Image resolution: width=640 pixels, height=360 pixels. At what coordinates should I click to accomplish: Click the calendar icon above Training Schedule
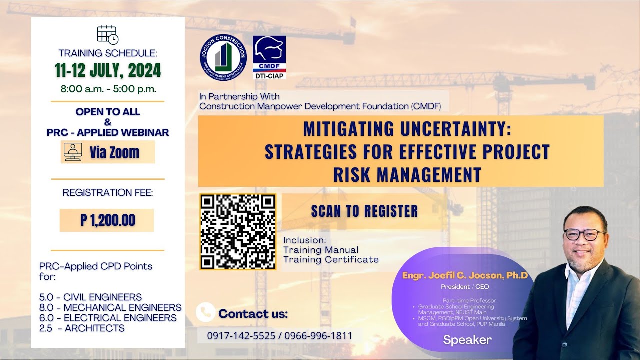point(107,35)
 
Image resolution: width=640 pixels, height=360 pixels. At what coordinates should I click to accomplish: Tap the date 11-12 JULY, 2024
point(108,71)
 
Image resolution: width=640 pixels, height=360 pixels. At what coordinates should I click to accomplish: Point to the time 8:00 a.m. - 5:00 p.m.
point(108,90)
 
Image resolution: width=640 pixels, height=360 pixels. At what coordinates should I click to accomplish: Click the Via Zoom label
point(114,152)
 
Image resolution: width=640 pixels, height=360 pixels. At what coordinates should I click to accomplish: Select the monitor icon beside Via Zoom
point(72,152)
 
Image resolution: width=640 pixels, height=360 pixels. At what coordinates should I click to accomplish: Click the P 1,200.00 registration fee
point(107,220)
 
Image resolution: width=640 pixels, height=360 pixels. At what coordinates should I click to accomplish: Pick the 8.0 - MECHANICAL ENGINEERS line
point(110,307)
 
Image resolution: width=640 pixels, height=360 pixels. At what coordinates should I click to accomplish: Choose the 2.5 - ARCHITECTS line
point(82,328)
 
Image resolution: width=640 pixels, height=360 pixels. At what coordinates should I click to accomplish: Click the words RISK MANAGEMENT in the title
point(407,175)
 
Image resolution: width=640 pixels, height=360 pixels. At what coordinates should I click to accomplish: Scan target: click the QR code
point(238,232)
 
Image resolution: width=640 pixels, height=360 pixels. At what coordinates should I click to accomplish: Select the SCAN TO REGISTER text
point(364,211)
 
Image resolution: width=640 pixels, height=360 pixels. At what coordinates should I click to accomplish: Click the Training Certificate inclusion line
point(331,259)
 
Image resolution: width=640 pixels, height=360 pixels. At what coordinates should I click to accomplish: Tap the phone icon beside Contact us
point(205,312)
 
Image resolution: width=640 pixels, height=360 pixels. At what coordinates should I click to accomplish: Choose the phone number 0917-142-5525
point(241,336)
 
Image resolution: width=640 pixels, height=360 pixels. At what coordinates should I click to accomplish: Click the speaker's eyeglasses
point(583,234)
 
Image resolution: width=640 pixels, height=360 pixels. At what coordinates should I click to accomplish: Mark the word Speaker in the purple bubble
point(467,340)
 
